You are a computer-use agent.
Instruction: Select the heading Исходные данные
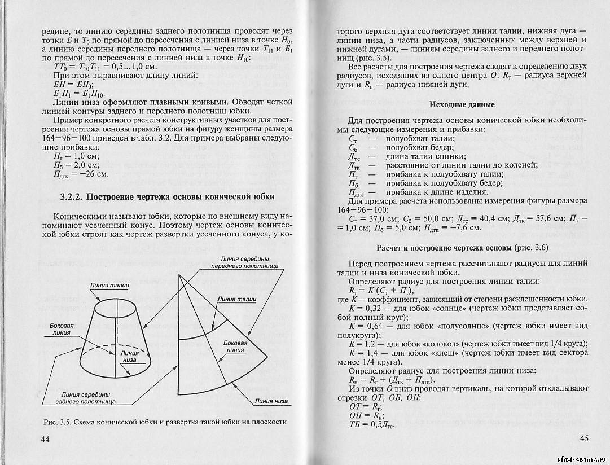click(x=462, y=104)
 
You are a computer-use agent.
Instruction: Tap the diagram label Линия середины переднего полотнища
click(x=244, y=261)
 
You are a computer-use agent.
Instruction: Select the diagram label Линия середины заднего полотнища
click(x=86, y=398)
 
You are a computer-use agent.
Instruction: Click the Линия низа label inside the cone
click(x=129, y=356)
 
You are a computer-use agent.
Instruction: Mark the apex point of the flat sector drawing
click(x=179, y=275)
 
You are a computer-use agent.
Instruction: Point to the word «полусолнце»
click(x=462, y=326)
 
